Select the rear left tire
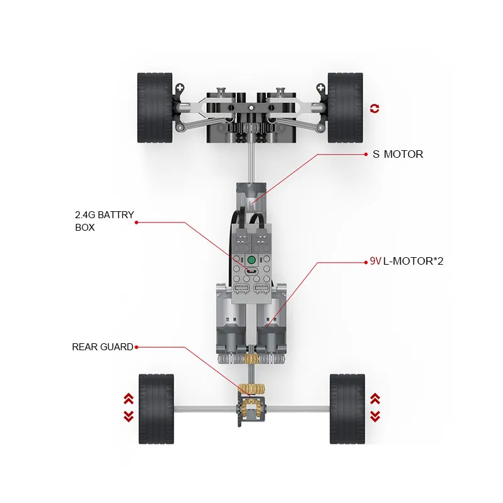(x=156, y=409)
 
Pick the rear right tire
(x=346, y=409)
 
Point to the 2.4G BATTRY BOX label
(x=104, y=221)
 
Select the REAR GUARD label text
(x=102, y=347)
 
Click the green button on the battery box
(x=251, y=260)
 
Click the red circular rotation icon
(x=375, y=109)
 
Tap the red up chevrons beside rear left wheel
(x=128, y=399)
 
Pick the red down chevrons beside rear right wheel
(x=375, y=416)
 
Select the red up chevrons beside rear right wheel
(x=375, y=399)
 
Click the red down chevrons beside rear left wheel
(x=128, y=416)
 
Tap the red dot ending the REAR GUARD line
(x=136, y=347)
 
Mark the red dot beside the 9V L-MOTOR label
(x=365, y=261)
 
